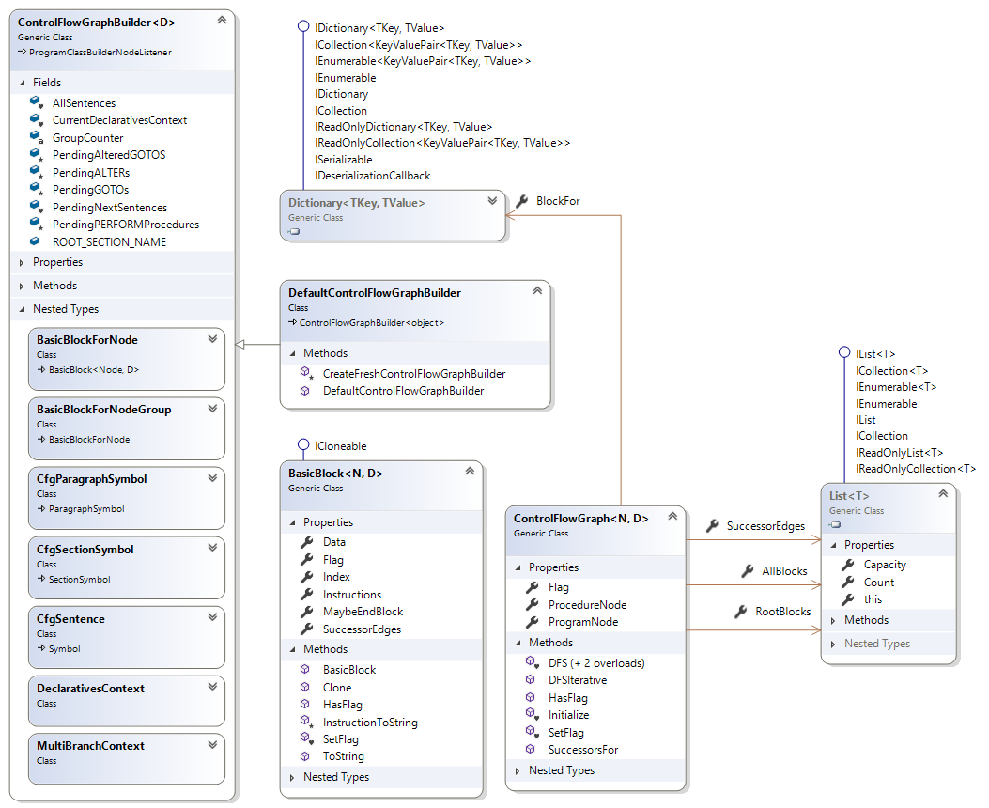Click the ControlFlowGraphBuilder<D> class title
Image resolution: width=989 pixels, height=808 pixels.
tap(96, 20)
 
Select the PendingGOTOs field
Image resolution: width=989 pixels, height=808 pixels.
tap(90, 190)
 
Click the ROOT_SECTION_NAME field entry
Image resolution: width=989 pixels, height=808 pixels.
tap(109, 241)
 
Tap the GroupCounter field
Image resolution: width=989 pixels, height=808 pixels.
tap(87, 138)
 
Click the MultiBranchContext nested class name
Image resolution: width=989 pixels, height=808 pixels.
tap(90, 745)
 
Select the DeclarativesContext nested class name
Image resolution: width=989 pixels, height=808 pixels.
tap(90, 689)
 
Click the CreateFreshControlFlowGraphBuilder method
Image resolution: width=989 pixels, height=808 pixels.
tap(413, 373)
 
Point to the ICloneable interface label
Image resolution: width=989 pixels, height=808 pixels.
tap(341, 446)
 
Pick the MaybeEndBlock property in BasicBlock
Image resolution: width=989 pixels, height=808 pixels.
tap(363, 612)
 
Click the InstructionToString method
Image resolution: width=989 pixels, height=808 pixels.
tap(370, 723)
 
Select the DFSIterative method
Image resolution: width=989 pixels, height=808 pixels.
tap(577, 680)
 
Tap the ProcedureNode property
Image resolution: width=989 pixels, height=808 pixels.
tap(587, 605)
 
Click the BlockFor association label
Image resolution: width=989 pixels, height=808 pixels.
tap(557, 201)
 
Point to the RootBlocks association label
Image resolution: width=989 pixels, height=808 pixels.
tap(782, 612)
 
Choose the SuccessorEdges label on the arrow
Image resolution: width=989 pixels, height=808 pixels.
tap(765, 526)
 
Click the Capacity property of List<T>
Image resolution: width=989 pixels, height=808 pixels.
tap(885, 565)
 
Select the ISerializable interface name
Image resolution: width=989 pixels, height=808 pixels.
tap(344, 160)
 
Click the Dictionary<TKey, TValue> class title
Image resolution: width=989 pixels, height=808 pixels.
tap(357, 203)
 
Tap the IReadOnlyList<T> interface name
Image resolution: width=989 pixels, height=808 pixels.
tap(899, 452)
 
